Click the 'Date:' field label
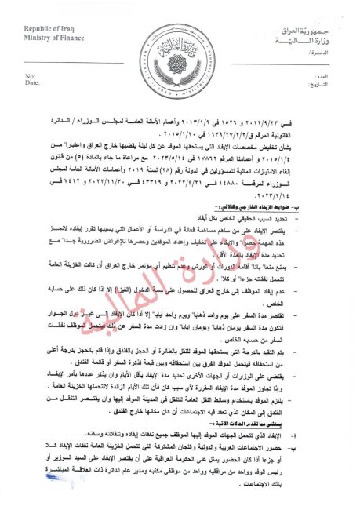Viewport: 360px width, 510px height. point(33,82)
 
